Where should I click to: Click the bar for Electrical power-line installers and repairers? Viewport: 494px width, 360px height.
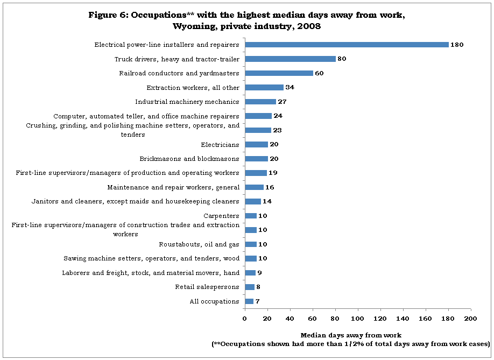tap(347, 45)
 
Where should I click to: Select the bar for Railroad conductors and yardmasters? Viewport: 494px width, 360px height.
tap(279, 73)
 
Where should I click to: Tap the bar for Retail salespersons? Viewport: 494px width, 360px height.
tap(250, 287)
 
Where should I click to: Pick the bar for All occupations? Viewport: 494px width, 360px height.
tap(249, 301)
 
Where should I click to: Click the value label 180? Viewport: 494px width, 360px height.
tap(457, 45)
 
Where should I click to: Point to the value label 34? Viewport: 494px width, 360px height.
tap(290, 87)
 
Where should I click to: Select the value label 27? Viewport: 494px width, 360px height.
tap(282, 102)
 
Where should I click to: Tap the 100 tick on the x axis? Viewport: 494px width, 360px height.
tap(357, 319)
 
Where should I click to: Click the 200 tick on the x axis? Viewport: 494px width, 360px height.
tap(471, 319)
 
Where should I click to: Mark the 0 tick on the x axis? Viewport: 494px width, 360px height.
tap(245, 319)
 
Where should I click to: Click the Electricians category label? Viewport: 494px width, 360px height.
tap(220, 145)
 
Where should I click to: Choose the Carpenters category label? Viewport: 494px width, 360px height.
tap(222, 216)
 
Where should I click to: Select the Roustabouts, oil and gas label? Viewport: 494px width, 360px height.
tap(199, 244)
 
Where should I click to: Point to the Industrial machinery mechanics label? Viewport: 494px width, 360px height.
tap(187, 102)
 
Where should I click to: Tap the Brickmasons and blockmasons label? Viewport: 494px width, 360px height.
tap(189, 159)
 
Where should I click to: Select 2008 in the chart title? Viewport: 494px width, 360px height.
tap(309, 26)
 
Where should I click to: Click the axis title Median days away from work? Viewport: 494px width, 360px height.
tap(351, 335)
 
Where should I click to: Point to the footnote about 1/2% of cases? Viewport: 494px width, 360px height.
tap(351, 344)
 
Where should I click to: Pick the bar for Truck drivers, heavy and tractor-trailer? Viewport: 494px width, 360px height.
tap(291, 59)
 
